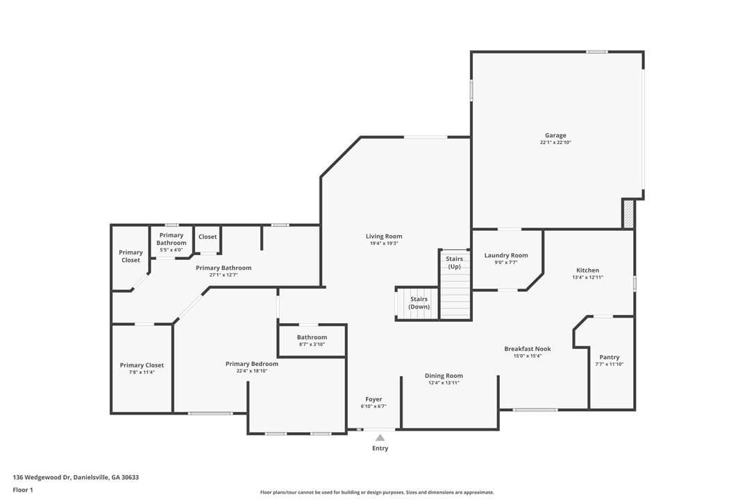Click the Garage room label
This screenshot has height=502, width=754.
click(x=555, y=135)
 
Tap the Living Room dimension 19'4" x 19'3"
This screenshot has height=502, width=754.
click(x=384, y=243)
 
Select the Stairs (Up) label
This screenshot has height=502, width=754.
click(x=455, y=262)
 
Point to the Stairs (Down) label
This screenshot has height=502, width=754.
click(x=419, y=302)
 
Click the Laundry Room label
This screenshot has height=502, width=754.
click(x=506, y=256)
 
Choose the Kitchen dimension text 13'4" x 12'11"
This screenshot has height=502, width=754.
click(x=587, y=277)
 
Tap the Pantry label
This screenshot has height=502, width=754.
click(x=610, y=357)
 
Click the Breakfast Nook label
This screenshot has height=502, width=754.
click(x=528, y=349)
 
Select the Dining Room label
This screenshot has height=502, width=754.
click(x=444, y=376)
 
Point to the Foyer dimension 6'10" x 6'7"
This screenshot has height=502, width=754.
click(x=374, y=406)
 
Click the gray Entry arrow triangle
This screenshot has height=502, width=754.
click(x=380, y=438)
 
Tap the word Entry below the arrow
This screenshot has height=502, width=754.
click(x=380, y=448)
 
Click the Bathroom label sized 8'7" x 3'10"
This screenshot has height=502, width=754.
click(x=312, y=337)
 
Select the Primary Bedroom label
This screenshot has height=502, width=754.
click(x=252, y=363)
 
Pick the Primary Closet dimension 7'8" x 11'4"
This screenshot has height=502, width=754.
click(x=142, y=372)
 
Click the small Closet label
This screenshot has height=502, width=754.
click(x=208, y=236)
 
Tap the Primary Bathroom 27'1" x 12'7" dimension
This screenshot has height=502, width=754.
click(x=224, y=275)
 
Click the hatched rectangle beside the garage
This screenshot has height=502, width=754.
click(x=628, y=214)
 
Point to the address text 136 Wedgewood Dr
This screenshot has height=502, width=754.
click(x=42, y=478)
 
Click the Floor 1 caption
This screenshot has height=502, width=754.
click(x=23, y=490)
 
